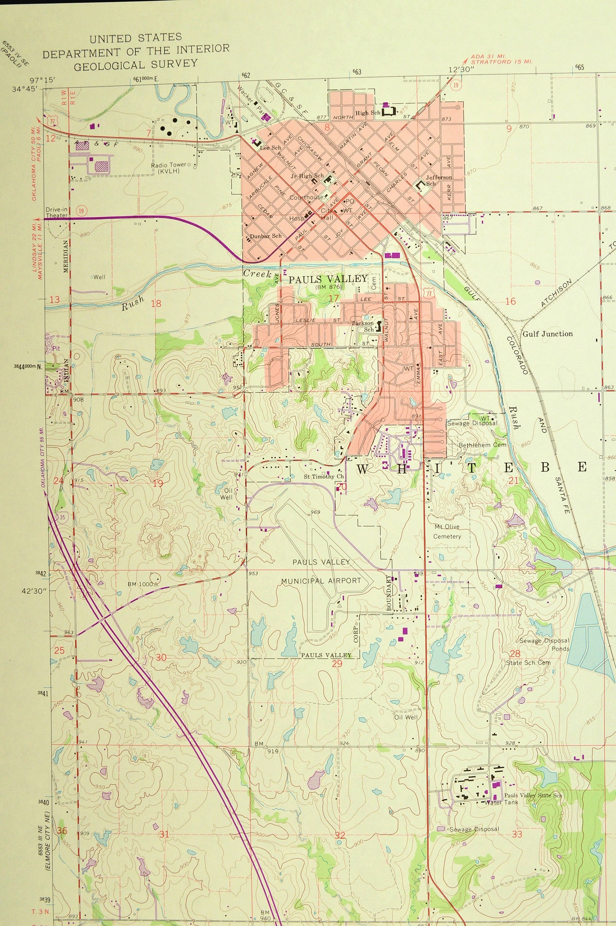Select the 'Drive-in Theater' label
(57, 212)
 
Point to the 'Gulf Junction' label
(547, 334)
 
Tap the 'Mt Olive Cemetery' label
(447, 531)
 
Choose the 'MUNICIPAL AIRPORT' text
(321, 581)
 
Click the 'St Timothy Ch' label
(324, 477)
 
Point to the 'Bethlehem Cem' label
(483, 445)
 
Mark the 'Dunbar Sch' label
(265, 236)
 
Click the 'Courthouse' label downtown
(306, 197)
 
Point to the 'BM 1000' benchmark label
(140, 584)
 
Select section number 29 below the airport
(337, 664)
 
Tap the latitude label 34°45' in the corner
(25, 89)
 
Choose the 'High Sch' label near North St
(368, 113)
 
